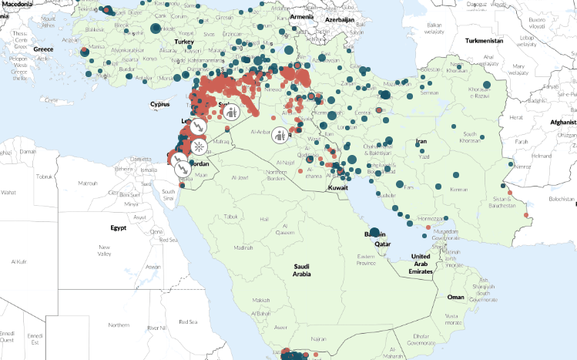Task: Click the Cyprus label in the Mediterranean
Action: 159,104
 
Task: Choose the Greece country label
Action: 43,49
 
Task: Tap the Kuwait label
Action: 338,187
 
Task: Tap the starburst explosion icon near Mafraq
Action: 199,145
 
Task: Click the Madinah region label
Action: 243,247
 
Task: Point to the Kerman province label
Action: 460,189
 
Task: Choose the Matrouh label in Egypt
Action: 89,183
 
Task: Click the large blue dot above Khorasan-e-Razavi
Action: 486,86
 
